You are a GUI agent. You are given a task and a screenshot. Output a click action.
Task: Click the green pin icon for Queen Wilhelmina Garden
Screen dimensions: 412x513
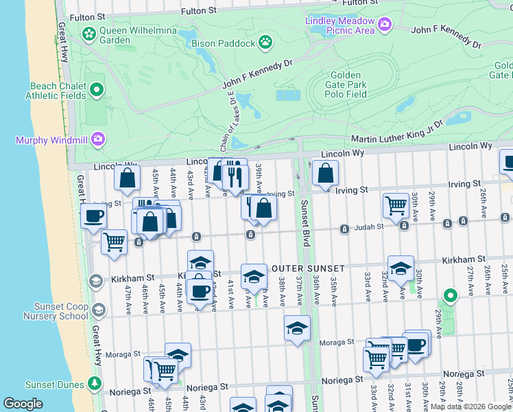[x=88, y=33]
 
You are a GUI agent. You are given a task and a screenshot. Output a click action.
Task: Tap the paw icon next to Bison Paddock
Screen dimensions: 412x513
[x=265, y=43]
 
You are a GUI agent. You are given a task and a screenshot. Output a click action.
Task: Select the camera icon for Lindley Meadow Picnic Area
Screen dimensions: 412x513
[x=384, y=25]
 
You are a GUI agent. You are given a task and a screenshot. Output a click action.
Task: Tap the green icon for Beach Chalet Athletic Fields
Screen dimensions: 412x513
[x=97, y=89]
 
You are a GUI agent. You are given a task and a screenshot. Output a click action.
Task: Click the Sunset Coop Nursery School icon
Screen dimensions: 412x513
[x=98, y=310]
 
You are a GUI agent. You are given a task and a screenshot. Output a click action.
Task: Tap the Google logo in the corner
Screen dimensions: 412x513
[x=23, y=404]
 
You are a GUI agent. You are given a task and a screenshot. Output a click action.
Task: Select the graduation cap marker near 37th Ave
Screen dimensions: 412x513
[x=297, y=328]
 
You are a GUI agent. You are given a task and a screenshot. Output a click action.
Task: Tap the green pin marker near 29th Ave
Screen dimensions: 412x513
[x=450, y=296]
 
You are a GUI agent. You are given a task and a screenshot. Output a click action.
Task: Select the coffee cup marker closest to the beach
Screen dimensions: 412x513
[x=93, y=215]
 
